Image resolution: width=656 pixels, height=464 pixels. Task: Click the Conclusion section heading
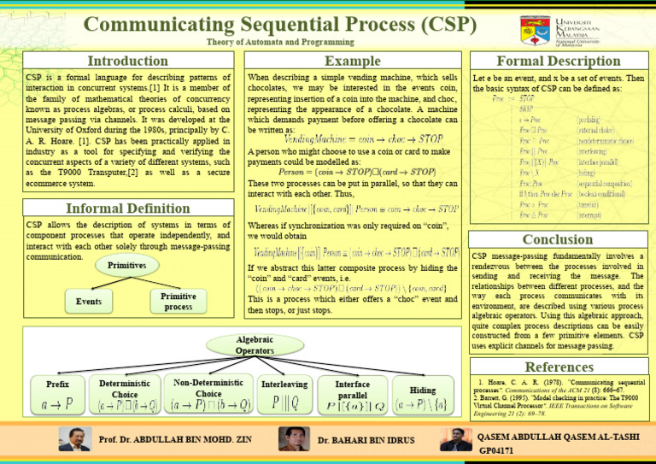558,240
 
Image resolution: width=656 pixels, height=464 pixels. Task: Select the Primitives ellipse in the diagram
126,266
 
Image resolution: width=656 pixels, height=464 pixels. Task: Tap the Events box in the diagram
89,301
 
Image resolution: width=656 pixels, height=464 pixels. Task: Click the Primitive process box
178,301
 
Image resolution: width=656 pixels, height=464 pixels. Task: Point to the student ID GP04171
496,449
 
